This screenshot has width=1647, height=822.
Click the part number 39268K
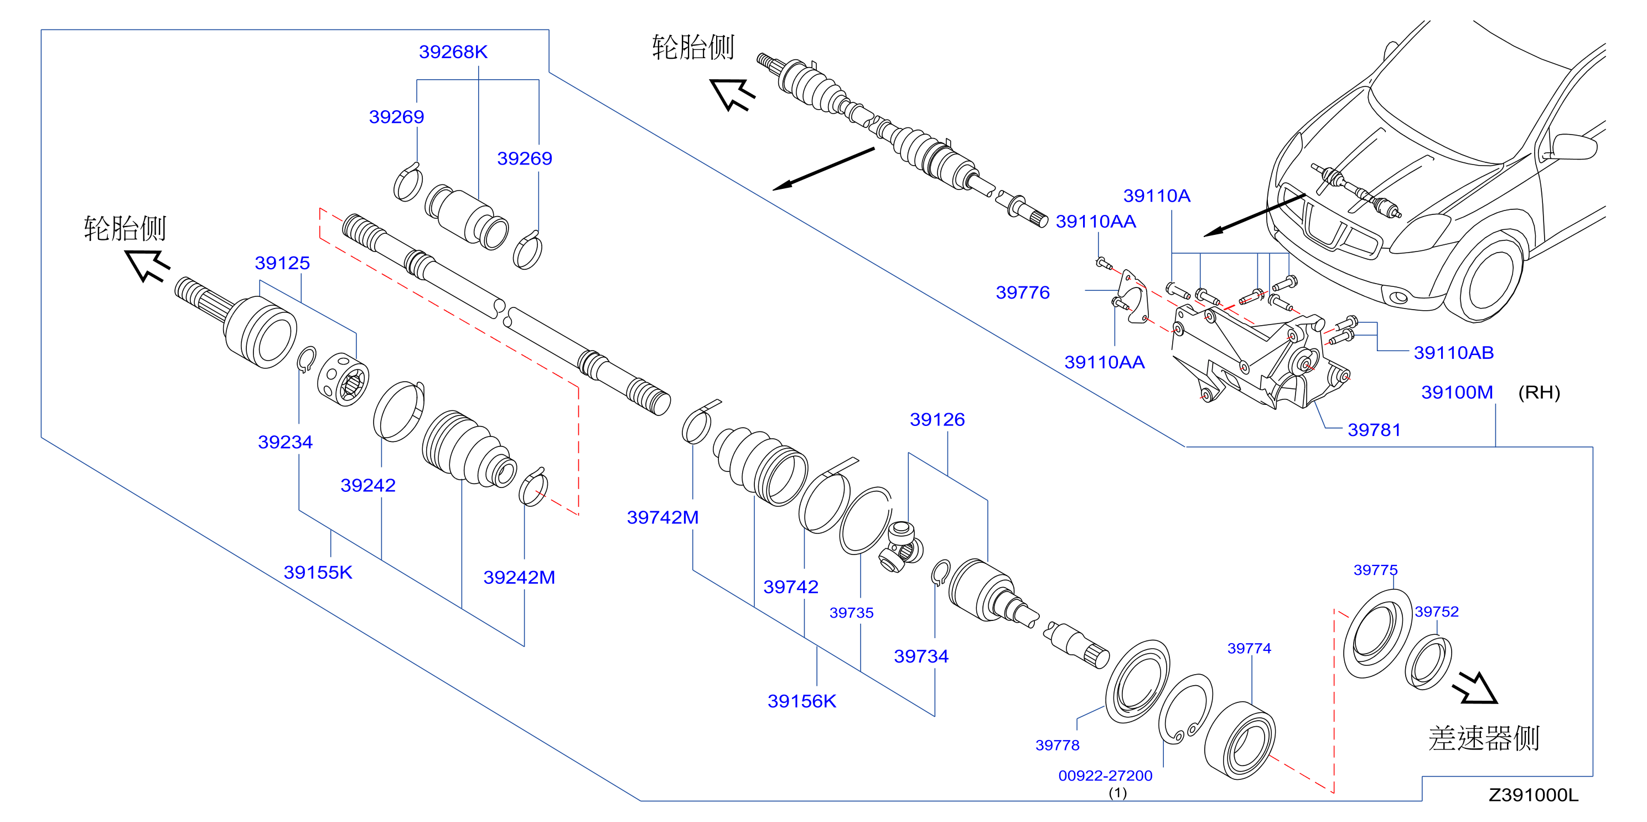click(453, 52)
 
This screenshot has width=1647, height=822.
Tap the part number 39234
click(285, 442)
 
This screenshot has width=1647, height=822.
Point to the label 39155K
click(318, 573)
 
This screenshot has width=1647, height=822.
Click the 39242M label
click(519, 578)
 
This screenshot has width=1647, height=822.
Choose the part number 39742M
click(662, 517)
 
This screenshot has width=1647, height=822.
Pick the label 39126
click(938, 420)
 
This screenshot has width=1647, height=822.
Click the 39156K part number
click(802, 702)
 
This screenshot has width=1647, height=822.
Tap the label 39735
click(851, 613)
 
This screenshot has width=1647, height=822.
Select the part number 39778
click(1058, 745)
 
